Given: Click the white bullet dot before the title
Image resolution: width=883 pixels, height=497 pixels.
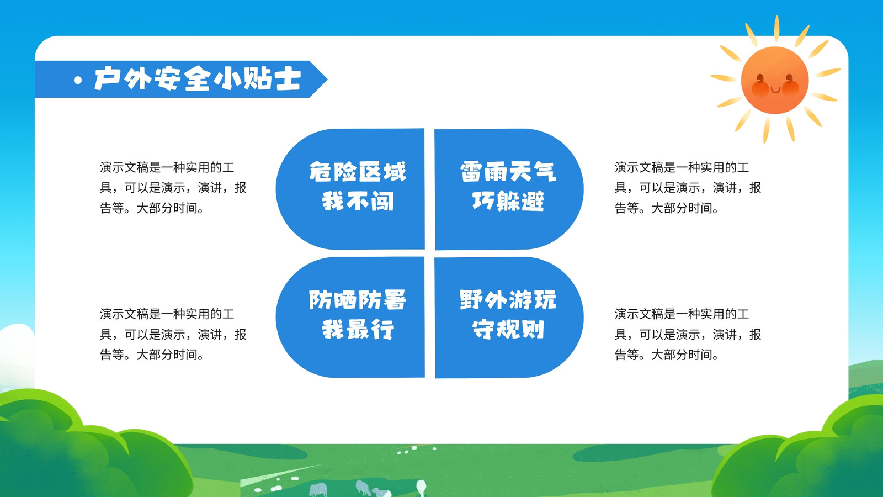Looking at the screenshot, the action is coord(78,81).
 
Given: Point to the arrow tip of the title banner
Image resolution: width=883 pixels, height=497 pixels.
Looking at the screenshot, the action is coord(327,80).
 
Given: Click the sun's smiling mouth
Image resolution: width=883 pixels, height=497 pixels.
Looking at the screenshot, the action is coord(775,89).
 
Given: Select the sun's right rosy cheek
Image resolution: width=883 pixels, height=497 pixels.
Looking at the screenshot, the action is coord(791,88).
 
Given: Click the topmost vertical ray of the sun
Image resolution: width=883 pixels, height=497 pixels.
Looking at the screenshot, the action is coord(776,28).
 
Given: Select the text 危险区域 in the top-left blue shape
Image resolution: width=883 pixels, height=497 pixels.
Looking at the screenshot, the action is coord(358,172).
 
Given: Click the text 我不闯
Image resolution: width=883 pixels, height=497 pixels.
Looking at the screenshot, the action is coord(358,201).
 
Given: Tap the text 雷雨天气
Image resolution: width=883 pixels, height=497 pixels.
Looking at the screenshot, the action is coord(508,172).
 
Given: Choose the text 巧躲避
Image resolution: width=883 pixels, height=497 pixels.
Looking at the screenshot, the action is coord(508,201).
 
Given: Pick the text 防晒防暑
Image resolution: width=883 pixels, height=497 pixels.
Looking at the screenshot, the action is coord(358,300).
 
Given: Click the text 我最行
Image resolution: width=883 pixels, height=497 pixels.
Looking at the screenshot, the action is coord(358,329).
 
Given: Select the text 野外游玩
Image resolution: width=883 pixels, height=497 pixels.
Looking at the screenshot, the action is coord(508,300).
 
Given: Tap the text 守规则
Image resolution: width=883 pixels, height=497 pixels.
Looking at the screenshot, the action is coord(508,329).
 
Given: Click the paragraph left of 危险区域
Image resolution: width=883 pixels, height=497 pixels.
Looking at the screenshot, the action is coord(173,188).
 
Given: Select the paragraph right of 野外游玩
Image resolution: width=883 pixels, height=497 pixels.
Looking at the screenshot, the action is coord(688,335).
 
